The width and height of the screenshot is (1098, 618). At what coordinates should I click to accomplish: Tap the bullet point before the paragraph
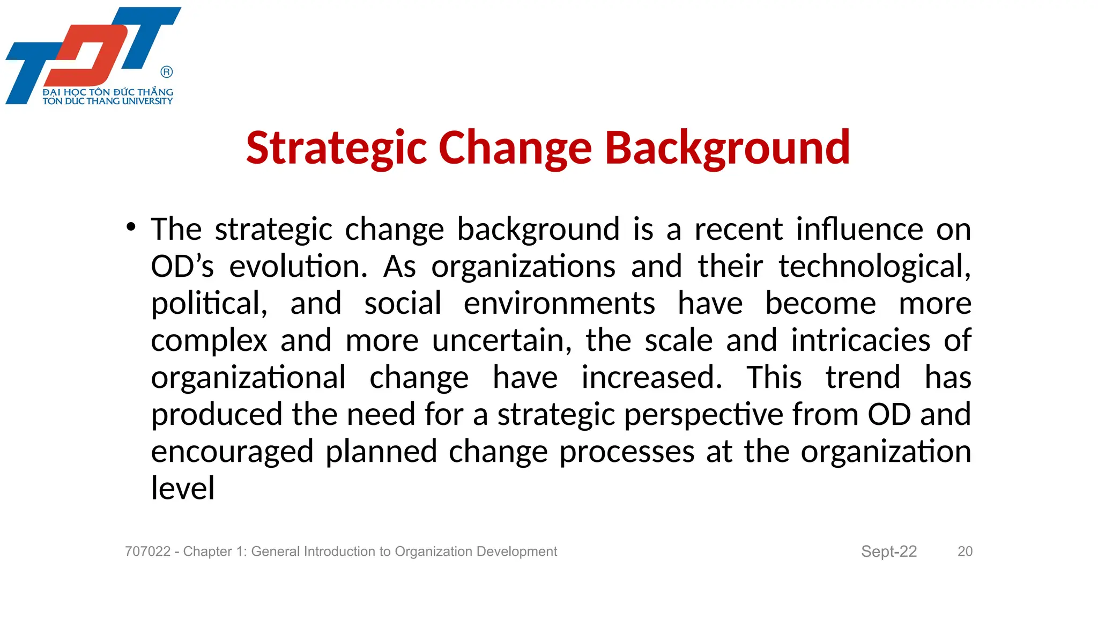pos(131,227)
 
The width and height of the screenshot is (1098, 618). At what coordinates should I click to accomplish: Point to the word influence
pos(859,229)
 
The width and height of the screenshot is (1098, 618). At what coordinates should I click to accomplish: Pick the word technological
pos(874,267)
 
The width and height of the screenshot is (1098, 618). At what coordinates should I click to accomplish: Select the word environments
pos(559,304)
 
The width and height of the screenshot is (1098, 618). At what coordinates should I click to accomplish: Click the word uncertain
pos(502,341)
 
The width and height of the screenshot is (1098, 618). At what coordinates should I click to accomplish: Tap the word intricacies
pos(860,341)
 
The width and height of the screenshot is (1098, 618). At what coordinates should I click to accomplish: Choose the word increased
pos(652,378)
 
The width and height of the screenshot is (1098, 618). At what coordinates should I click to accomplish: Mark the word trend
pos(863,378)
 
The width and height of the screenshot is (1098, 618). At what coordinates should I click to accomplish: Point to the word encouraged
pos(232,452)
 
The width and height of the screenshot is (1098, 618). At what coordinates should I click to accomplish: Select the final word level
pos(183,489)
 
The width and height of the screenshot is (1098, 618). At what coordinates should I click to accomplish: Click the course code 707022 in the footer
pos(147,551)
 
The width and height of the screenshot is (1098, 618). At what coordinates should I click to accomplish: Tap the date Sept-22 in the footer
pos(888,551)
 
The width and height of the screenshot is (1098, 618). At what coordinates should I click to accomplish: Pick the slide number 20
pos(965,551)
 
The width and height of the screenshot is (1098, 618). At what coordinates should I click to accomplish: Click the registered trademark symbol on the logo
pos(167,72)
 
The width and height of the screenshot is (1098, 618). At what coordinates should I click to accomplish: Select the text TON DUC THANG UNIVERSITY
pos(108,101)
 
